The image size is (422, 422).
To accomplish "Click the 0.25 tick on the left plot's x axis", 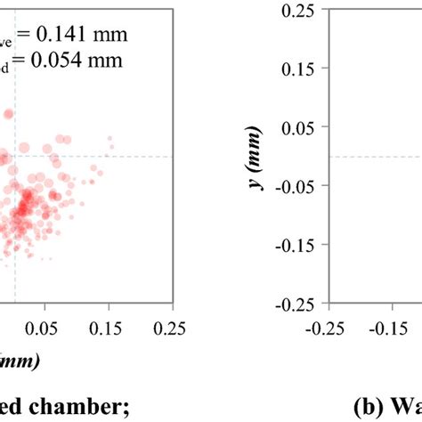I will tap(173, 329).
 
